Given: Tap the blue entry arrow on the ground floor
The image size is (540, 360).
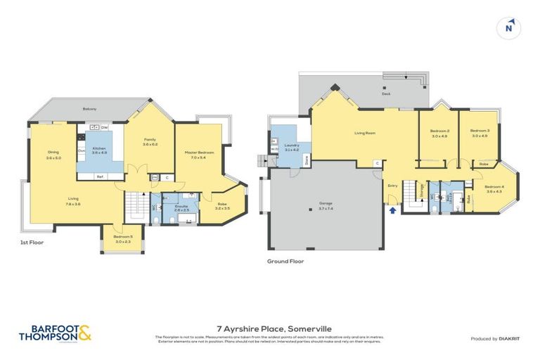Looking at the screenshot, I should [x=392, y=209].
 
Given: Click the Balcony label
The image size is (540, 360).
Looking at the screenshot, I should [x=89, y=108].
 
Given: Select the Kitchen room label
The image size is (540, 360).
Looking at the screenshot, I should [x=99, y=148].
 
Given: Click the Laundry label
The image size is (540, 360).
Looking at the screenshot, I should [x=292, y=146].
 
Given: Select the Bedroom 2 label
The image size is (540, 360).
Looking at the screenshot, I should [x=439, y=131].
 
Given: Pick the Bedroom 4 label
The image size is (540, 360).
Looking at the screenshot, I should [x=494, y=186].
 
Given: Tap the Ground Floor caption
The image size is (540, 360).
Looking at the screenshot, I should [x=285, y=260].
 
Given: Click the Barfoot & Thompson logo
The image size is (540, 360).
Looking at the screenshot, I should [x=56, y=333].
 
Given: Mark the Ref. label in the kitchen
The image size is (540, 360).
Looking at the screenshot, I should [x=100, y=176].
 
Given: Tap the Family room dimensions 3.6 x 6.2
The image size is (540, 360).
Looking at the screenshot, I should [x=150, y=144].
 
